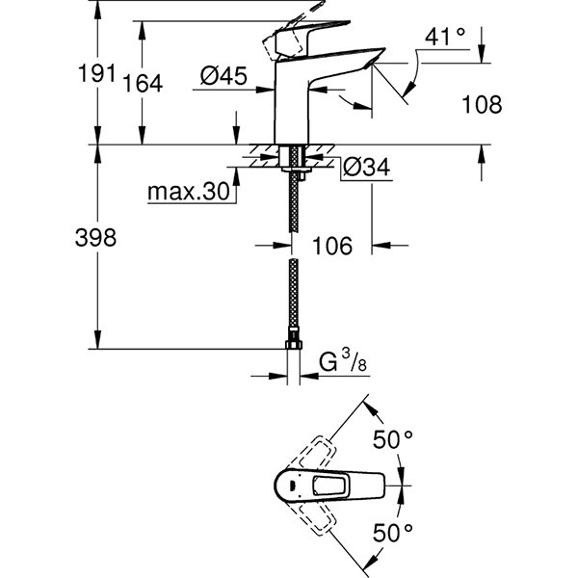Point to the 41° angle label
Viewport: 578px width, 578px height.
tap(444, 38)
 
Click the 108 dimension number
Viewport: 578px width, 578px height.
tap(483, 105)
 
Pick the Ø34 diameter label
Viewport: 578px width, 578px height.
tap(366, 168)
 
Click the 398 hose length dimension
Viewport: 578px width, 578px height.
tap(95, 238)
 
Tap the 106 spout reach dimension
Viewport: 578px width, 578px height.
tap(332, 246)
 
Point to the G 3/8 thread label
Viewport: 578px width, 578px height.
tap(343, 361)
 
